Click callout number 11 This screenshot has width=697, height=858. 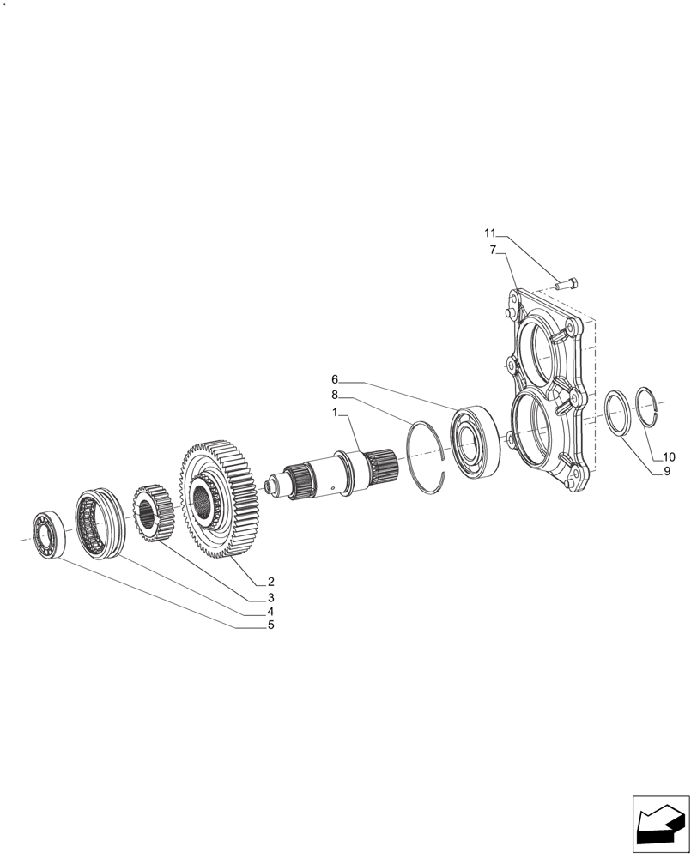[x=490, y=233]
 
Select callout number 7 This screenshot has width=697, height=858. [x=494, y=250]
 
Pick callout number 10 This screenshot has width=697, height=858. [x=669, y=456]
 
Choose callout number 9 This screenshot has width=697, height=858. [x=665, y=471]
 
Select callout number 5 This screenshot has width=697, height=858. [x=270, y=625]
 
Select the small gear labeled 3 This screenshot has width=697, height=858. [x=154, y=514]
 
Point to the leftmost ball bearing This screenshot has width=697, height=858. [x=45, y=535]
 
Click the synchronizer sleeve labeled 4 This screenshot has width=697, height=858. [x=100, y=525]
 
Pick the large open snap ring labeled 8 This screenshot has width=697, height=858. [x=427, y=456]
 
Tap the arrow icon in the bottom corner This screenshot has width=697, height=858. [x=660, y=825]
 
